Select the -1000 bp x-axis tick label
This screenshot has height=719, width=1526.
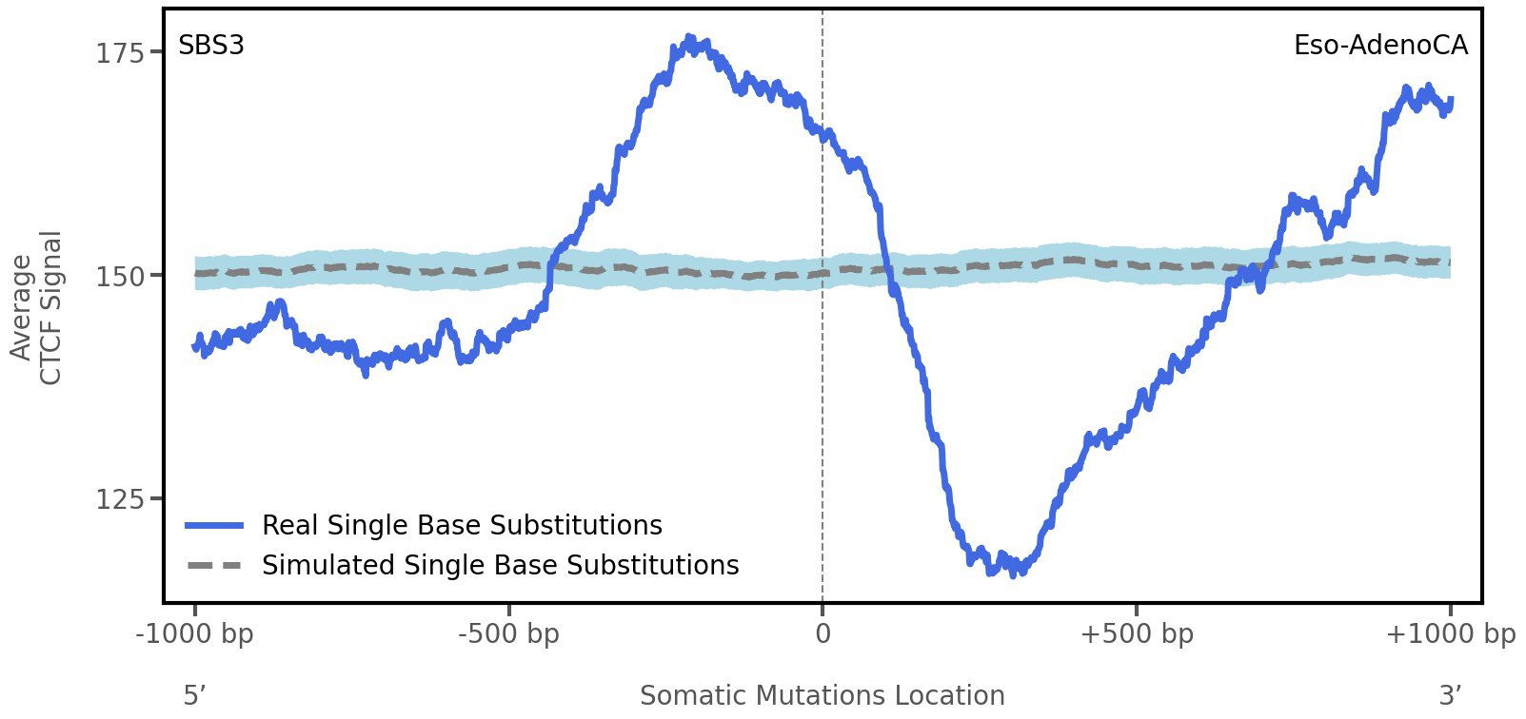(x=195, y=634)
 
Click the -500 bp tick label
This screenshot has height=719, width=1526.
(x=508, y=634)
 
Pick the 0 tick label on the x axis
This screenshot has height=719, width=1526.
(x=822, y=634)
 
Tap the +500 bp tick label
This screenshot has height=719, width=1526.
(x=1136, y=634)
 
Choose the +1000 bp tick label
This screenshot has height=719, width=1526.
(x=1450, y=634)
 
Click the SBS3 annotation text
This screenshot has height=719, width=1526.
(x=211, y=46)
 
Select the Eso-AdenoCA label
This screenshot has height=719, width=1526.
(x=1380, y=46)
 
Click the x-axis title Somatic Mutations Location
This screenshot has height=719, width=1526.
(x=822, y=696)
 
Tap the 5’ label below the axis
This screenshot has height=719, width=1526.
(x=194, y=696)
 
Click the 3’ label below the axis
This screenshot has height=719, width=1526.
(x=1450, y=696)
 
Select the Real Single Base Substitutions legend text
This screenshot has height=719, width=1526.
(x=462, y=526)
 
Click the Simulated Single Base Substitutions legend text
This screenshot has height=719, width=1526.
(x=500, y=566)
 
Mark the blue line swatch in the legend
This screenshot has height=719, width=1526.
(x=215, y=526)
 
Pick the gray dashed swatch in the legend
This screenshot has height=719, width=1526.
(x=215, y=566)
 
